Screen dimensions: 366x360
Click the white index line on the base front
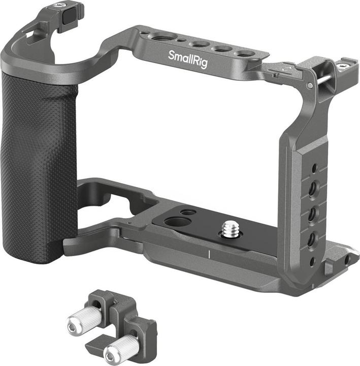(x=208, y=254)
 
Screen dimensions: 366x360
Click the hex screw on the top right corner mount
(x=343, y=66)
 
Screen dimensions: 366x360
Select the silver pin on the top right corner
(x=325, y=78)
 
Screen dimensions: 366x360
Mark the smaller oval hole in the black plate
(x=188, y=212)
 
